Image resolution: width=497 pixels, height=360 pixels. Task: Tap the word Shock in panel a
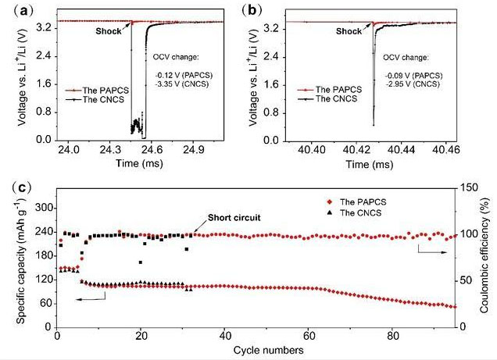tap(109, 32)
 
